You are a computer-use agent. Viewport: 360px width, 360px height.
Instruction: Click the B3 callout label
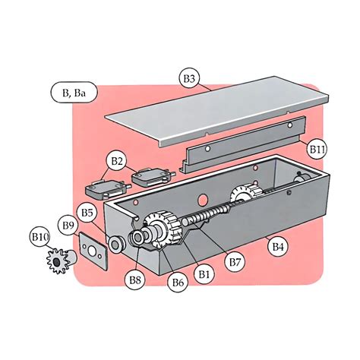click(190, 77)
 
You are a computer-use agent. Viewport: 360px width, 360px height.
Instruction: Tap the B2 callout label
click(116, 161)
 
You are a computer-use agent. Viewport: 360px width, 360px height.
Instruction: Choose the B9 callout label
click(69, 226)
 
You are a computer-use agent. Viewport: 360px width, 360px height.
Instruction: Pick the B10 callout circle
click(40, 237)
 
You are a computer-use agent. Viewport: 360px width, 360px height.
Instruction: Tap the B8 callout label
click(135, 280)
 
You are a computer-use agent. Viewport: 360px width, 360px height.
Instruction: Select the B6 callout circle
click(178, 283)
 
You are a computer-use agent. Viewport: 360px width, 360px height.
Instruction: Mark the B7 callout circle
click(236, 262)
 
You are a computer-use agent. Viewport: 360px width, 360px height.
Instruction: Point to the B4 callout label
click(278, 245)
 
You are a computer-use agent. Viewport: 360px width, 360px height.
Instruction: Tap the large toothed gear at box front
click(163, 227)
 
